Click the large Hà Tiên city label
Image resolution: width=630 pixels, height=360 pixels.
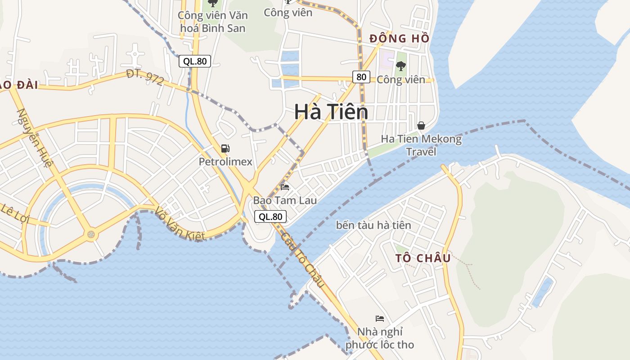point(331,112)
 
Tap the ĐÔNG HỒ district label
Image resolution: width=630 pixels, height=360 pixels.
point(399,39)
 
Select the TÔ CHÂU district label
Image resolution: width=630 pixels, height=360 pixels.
point(423,258)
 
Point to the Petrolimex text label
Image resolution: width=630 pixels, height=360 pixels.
point(225,162)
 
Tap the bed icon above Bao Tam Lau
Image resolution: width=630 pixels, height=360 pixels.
point(284,187)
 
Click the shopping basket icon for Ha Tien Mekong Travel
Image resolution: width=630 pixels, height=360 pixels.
point(421,125)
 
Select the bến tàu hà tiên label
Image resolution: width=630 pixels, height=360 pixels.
point(373,225)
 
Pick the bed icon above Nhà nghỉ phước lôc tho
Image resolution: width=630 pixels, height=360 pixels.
point(380,319)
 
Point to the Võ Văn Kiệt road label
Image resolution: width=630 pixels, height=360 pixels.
point(180,224)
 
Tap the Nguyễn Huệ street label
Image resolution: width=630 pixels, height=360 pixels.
point(35,137)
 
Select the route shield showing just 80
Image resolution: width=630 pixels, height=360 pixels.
point(361,77)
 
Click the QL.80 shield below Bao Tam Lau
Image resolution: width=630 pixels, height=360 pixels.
point(270,217)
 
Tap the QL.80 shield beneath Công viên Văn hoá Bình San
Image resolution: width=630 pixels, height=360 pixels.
point(195,61)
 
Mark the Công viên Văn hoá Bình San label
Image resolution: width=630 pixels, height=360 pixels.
point(212,22)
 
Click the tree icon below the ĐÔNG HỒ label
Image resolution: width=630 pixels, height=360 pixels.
point(400,66)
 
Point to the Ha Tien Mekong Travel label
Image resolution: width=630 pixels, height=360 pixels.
point(421,145)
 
